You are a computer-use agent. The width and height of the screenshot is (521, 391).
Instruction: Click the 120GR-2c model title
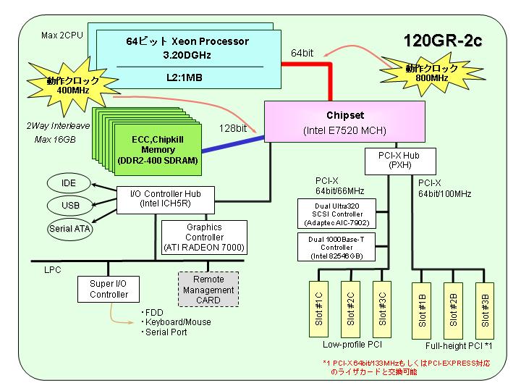443,41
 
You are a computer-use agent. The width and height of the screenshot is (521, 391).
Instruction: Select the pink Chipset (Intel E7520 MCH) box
344,122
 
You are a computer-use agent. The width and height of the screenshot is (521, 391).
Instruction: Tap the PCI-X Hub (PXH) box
400,161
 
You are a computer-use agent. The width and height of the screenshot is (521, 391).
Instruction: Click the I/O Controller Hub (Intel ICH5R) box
166,200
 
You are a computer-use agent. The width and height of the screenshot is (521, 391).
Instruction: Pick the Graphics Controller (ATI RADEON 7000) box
204,237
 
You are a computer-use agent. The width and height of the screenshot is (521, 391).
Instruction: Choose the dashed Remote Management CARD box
208,289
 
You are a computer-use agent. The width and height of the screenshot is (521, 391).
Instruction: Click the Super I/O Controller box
109,289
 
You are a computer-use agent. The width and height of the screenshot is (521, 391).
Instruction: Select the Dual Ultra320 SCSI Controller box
336,214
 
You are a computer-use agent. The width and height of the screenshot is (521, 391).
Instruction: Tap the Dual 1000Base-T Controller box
336,247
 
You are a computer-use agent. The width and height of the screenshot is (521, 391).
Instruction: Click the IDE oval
69,183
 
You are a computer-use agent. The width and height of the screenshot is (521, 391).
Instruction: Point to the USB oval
69,206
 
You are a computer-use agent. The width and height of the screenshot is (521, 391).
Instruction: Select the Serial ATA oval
69,229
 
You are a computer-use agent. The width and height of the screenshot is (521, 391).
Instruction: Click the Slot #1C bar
318,309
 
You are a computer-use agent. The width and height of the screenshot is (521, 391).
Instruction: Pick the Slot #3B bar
485,311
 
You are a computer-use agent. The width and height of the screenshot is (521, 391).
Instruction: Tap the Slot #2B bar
453,311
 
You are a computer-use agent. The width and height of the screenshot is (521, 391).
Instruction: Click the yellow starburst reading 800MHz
432,74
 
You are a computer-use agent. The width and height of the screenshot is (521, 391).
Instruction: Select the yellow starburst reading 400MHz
72,85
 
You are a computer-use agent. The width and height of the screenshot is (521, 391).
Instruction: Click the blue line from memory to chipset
233,144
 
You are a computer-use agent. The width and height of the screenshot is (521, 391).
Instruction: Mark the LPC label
53,269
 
